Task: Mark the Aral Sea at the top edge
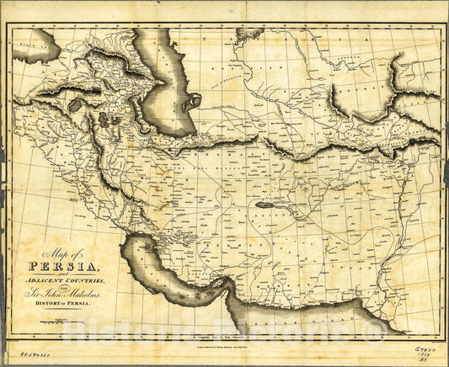click(x=249, y=34)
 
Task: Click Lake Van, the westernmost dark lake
click(x=77, y=106)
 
